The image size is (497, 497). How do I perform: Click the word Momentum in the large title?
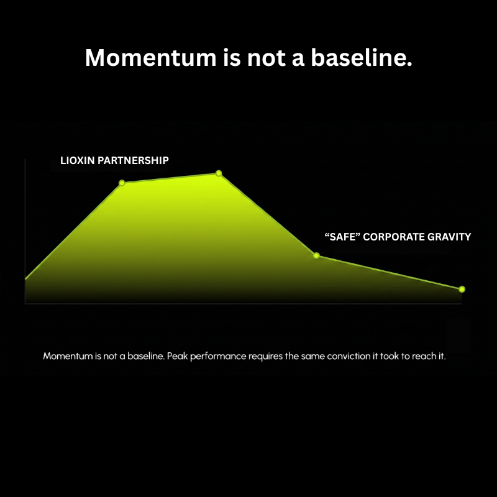pos(150,57)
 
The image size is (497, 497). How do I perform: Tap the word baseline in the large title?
pos(362,57)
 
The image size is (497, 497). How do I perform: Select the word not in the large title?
pos(267,58)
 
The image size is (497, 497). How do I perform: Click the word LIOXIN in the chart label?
pos(77,160)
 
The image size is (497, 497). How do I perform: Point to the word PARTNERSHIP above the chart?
pos(133,160)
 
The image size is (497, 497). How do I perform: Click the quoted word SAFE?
pos(342,237)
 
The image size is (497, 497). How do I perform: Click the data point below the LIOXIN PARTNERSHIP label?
pos(122,183)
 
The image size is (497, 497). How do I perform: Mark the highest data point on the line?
pos(219,173)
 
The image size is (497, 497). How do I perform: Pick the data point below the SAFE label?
pos(316,255)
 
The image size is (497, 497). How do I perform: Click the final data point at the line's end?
pos(462,289)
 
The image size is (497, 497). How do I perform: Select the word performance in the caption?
pos(218,357)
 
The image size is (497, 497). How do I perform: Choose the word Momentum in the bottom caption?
pos(68,356)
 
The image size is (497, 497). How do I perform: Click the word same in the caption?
pos(313,357)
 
